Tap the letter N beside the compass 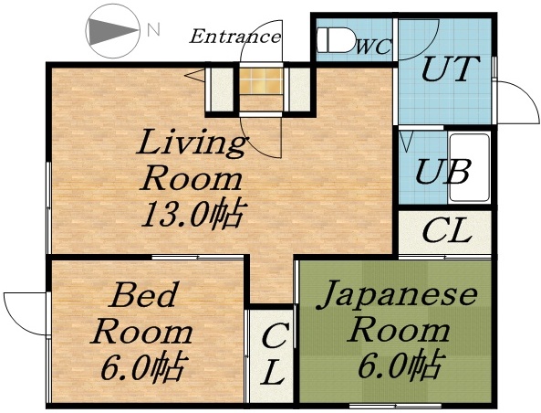pyautogui.click(x=152, y=29)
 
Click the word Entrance pyautogui.click(x=234, y=37)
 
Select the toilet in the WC pyautogui.click(x=334, y=41)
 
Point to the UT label pyautogui.click(x=447, y=70)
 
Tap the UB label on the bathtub pyautogui.click(x=443, y=171)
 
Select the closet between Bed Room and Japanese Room pyautogui.click(x=272, y=355)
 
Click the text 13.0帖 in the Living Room pyautogui.click(x=192, y=214)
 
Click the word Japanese pyautogui.click(x=401, y=295)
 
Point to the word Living pyautogui.click(x=192, y=143)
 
